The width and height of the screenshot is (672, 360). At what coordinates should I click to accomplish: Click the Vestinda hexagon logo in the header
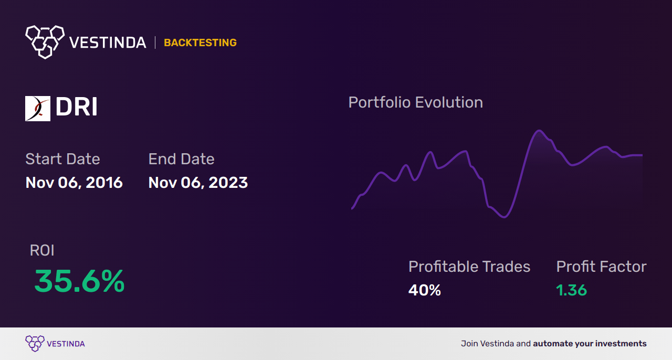tap(45, 41)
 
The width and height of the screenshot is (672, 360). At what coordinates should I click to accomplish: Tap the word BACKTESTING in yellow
tap(200, 43)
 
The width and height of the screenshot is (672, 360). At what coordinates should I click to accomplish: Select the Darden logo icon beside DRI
tap(38, 109)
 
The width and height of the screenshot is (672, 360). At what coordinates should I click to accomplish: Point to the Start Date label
tap(62, 159)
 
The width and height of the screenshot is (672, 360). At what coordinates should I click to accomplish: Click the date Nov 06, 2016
tap(74, 183)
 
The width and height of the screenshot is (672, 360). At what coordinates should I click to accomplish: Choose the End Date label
tap(181, 159)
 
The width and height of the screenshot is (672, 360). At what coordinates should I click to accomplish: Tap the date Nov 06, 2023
tap(198, 183)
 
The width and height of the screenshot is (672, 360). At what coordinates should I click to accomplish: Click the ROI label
tap(42, 250)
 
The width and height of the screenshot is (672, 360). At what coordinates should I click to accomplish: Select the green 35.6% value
tap(79, 282)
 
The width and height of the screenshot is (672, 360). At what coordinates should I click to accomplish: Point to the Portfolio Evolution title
tap(415, 102)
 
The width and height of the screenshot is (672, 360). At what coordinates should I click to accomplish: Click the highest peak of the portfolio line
tap(538, 131)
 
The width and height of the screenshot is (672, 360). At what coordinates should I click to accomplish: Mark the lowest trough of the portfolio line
tap(505, 217)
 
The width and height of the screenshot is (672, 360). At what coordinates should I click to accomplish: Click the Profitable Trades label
tap(469, 267)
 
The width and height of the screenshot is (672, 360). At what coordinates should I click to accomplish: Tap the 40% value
tap(424, 290)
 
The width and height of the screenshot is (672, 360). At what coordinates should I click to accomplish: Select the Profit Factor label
tap(601, 267)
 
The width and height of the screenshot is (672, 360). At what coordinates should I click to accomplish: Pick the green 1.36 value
tap(571, 290)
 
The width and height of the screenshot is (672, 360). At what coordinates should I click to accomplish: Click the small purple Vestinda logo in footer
tap(35, 344)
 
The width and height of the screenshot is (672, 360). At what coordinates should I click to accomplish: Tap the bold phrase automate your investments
tap(590, 344)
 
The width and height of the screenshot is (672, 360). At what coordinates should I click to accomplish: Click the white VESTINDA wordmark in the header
tap(108, 43)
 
